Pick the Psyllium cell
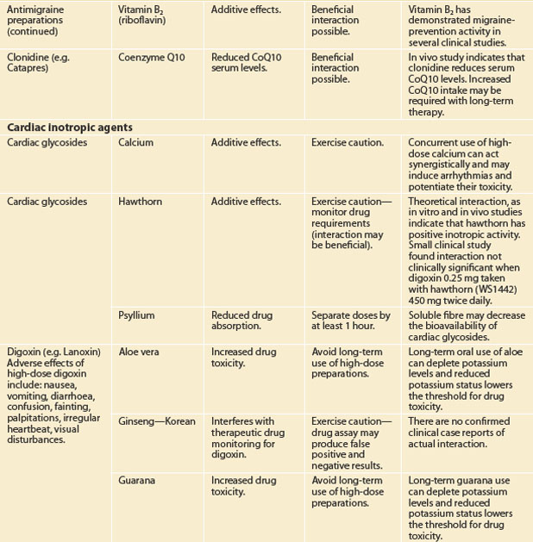click(136, 315)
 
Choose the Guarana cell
click(138, 479)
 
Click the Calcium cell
click(135, 142)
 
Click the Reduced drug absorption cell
click(236, 321)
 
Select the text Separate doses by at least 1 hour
click(350, 321)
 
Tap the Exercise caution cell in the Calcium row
click(346, 142)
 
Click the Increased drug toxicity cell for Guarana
click(235, 485)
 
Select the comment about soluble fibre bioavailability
click(466, 327)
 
